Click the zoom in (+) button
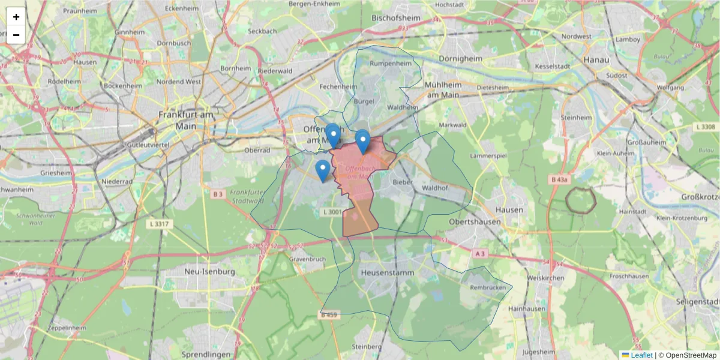(x=16, y=17)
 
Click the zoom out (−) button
(x=16, y=35)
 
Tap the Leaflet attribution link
(x=641, y=355)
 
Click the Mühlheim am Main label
(x=442, y=89)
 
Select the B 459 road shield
(x=329, y=315)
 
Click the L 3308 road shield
(x=707, y=127)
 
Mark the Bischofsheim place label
(x=396, y=18)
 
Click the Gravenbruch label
(x=307, y=259)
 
